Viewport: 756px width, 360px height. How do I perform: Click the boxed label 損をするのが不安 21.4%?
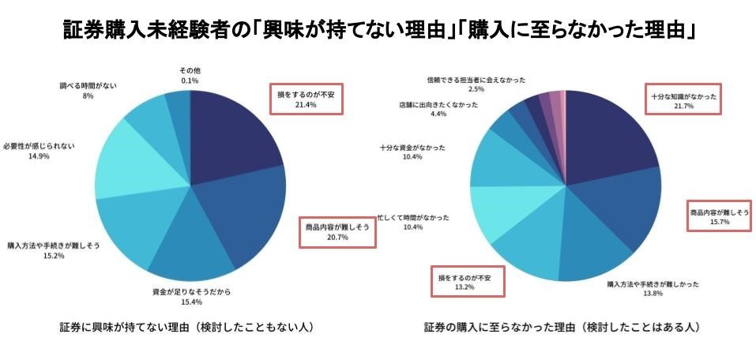(306, 99)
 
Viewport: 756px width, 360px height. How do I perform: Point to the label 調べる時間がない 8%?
(88, 89)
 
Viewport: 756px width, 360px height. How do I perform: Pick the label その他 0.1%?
(190, 75)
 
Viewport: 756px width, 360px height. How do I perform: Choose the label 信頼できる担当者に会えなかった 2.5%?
(476, 84)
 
